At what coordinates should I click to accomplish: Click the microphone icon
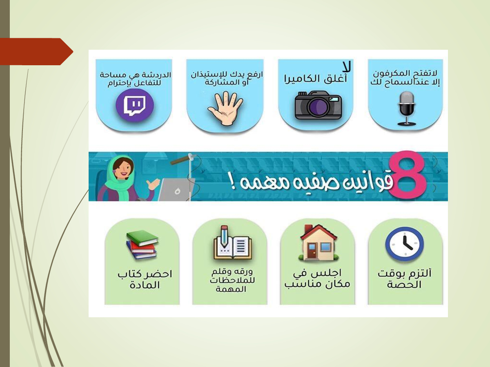pos(407,108)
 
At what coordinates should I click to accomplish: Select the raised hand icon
pos(225,108)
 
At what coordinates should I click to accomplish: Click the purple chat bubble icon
pos(135,105)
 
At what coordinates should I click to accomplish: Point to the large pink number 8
pos(408,176)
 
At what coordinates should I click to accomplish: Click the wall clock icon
pos(405,244)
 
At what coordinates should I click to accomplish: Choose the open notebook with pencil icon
pos(232,243)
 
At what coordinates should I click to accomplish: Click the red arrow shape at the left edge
pos(36,52)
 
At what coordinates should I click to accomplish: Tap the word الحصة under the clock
pos(404,285)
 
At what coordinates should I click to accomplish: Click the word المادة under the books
pos(145,285)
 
